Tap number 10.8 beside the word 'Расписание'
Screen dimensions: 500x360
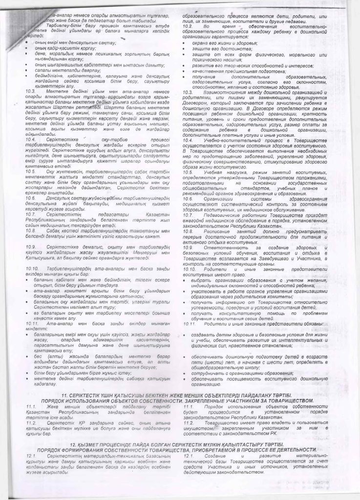(189, 228)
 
